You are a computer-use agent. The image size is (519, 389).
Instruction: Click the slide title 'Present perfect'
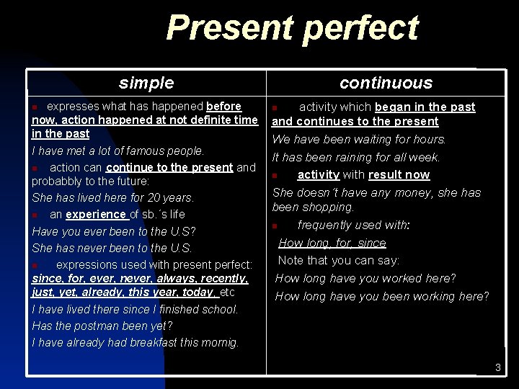(x=291, y=29)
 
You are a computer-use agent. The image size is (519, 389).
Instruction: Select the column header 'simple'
(x=146, y=83)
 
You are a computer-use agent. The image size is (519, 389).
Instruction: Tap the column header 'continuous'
(x=386, y=83)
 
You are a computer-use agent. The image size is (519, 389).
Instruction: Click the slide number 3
(x=497, y=368)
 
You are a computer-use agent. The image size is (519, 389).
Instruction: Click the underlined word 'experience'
(x=97, y=214)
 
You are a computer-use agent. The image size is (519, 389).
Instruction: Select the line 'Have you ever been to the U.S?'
(x=114, y=231)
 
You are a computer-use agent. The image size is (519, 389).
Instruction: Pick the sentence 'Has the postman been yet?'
(x=102, y=326)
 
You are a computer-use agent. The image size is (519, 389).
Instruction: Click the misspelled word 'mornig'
(x=220, y=342)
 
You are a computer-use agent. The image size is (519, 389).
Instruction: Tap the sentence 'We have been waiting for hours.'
(x=359, y=139)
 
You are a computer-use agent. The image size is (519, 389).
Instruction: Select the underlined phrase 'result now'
(x=399, y=175)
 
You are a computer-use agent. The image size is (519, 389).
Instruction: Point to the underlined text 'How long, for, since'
(x=332, y=243)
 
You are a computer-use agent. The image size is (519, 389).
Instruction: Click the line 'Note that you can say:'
(x=338, y=260)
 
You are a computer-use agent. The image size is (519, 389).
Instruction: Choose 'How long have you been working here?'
(x=382, y=296)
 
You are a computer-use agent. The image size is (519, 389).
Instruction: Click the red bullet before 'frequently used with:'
(x=275, y=226)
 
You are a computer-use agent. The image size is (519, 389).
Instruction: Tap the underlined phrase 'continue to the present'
(x=169, y=168)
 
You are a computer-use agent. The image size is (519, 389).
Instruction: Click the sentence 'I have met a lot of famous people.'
(x=118, y=151)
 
